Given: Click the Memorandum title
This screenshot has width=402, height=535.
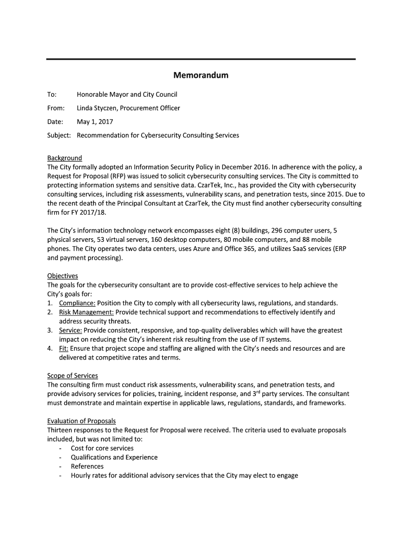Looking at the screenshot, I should [201, 75].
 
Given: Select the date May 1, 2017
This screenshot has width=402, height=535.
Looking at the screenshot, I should [94, 122].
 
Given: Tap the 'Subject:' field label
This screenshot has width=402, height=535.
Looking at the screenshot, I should [60, 135].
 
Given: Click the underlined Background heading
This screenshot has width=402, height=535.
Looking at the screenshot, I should [65, 158].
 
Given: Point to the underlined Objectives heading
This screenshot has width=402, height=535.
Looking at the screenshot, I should [63, 276].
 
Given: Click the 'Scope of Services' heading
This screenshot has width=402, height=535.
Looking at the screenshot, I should [73, 376].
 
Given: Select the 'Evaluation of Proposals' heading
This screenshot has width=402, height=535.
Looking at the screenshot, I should [81, 421].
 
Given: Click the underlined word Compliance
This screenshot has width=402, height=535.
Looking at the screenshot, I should [77, 303].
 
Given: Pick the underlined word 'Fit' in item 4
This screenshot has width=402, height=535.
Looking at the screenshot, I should [64, 348].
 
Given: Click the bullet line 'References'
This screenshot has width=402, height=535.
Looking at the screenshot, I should [87, 467].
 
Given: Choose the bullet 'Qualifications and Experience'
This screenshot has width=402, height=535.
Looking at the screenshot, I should [114, 458].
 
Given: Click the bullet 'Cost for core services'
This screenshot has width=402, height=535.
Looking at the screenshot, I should [102, 448].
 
